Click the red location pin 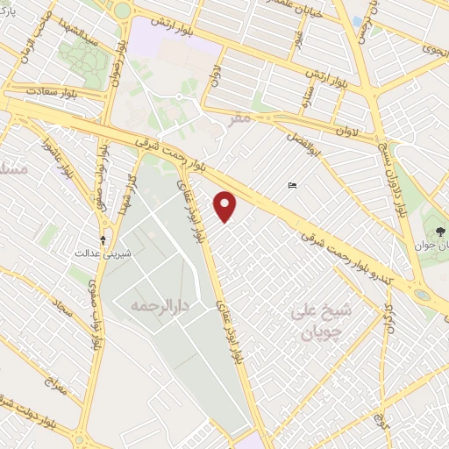coord(226,206)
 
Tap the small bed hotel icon coord(293,185)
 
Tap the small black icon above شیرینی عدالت coord(104,239)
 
